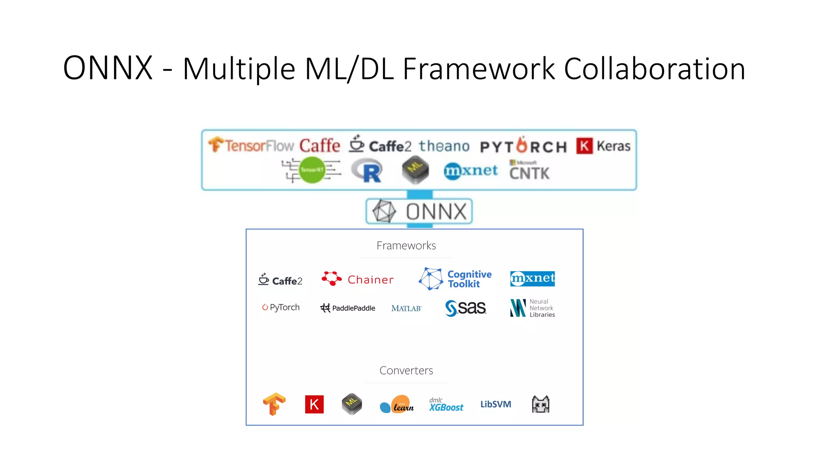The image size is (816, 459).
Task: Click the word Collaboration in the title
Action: [654, 69]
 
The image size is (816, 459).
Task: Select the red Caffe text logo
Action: [320, 145]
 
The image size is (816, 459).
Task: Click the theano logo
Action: [444, 146]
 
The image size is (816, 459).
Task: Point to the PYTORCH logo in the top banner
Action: [523, 146]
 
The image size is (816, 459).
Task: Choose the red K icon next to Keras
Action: [584, 146]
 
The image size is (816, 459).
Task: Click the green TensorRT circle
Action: [312, 170]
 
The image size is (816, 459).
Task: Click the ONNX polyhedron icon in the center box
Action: [384, 211]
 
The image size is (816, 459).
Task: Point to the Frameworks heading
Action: [406, 245]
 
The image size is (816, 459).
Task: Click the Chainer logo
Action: [357, 279]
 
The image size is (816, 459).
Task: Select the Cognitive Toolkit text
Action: [469, 279]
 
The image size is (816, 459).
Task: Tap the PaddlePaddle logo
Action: [347, 308]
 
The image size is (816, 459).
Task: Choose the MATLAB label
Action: [406, 308]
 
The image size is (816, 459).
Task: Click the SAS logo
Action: [465, 308]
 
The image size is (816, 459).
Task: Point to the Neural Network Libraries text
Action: [541, 308]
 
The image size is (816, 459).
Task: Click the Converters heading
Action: [406, 371]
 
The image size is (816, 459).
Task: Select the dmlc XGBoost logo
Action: [446, 405]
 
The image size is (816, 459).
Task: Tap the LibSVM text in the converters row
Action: [495, 404]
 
